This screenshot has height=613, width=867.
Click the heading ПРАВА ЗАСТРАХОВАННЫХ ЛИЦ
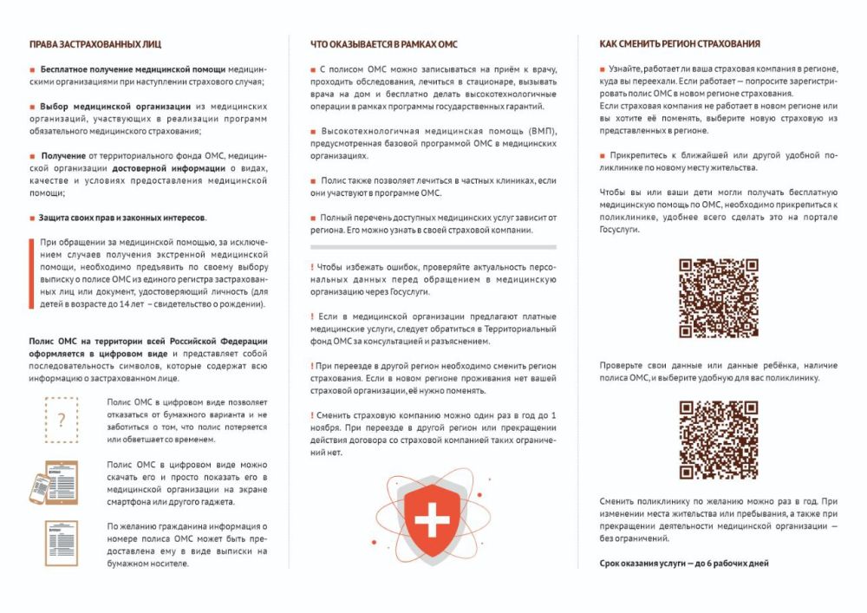(x=95, y=43)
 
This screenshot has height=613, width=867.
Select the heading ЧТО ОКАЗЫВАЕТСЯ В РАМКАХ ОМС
(x=384, y=43)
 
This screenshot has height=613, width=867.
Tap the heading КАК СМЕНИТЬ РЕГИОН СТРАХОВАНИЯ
(x=680, y=43)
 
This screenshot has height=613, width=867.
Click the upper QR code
(x=718, y=297)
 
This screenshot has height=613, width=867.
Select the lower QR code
(x=718, y=440)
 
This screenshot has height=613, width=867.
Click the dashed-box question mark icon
(x=61, y=421)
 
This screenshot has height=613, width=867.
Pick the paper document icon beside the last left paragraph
(x=60, y=544)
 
